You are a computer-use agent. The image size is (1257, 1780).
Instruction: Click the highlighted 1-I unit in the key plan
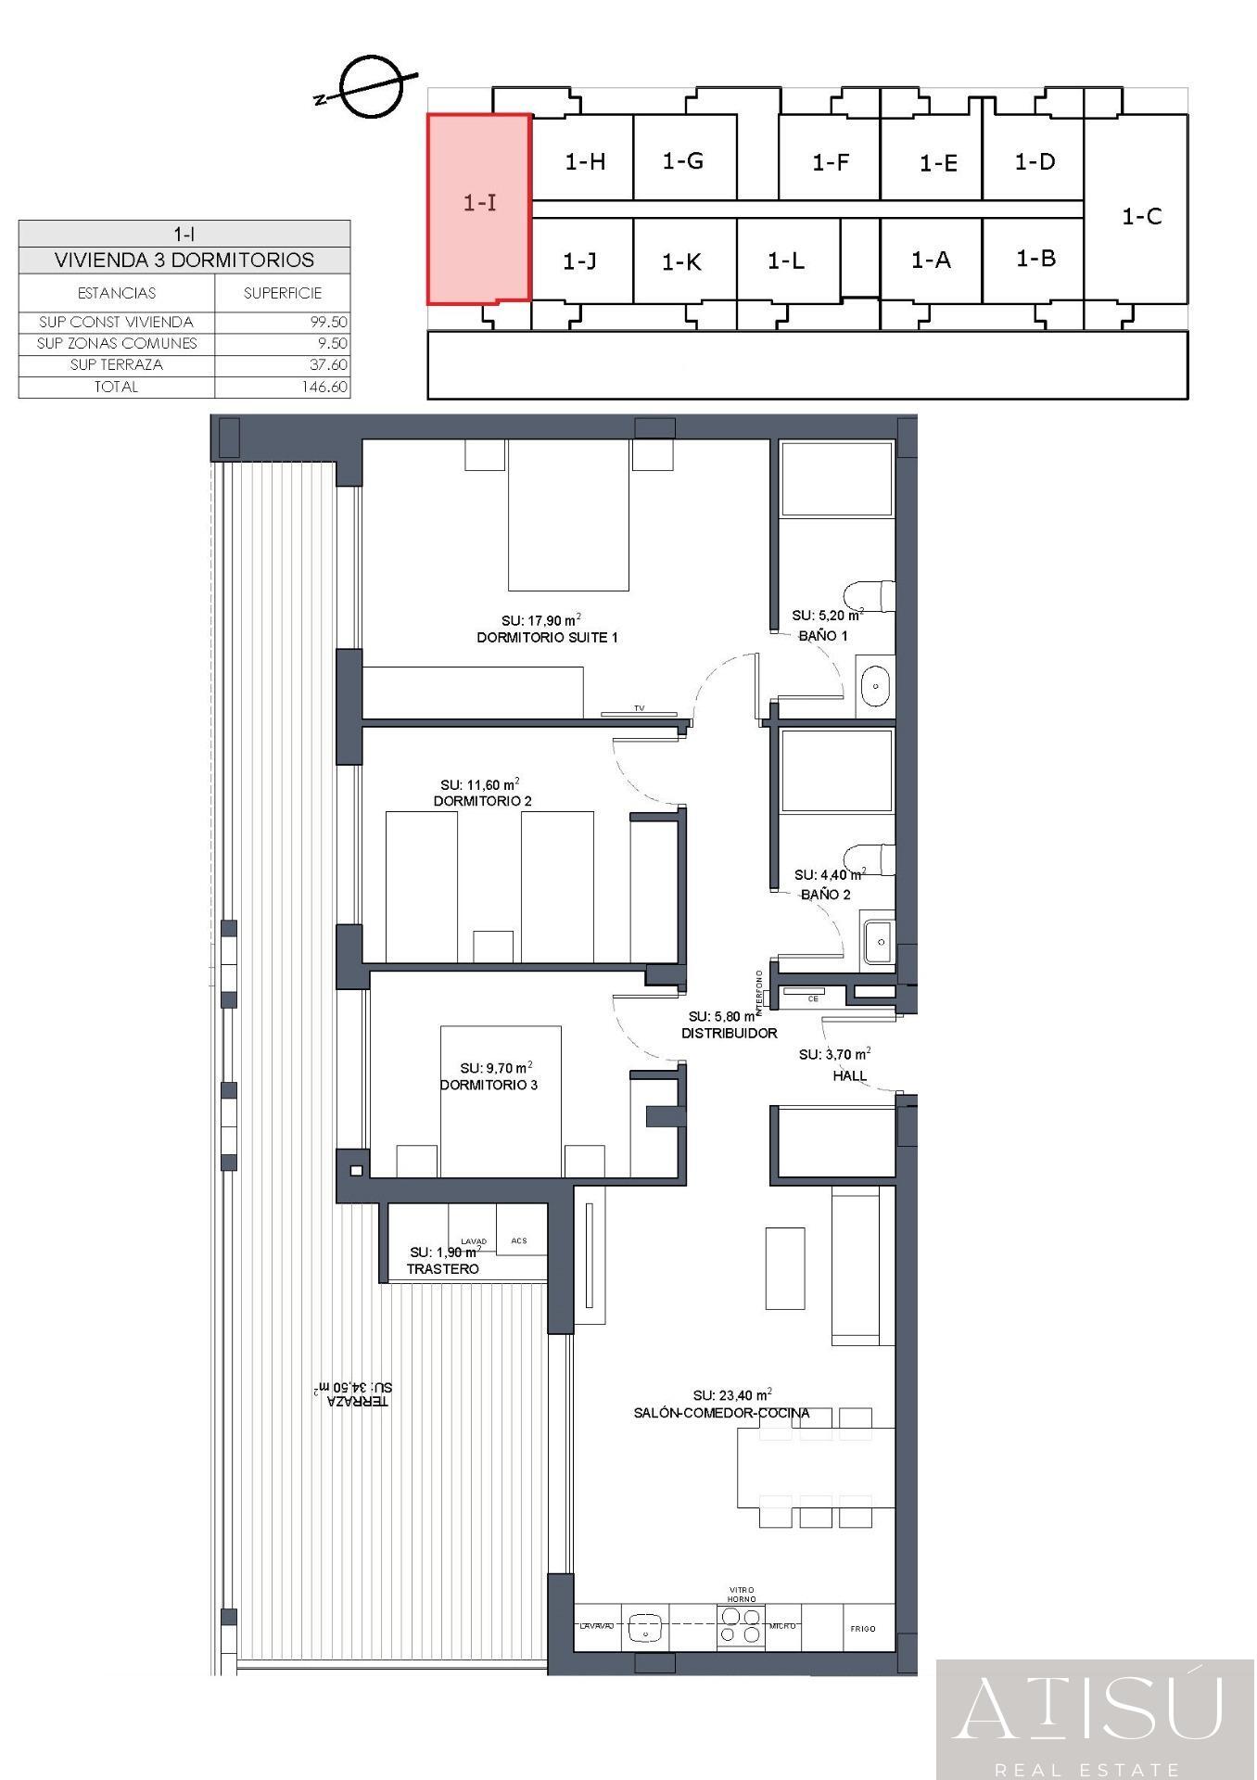478,208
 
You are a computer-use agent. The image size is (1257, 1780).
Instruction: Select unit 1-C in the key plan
1141,216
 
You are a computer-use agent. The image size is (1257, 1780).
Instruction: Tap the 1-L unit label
786,261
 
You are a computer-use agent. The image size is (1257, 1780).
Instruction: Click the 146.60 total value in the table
324,388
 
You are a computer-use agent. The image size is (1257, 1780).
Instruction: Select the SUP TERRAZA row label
116,365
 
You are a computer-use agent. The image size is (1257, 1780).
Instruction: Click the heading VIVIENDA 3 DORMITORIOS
184,261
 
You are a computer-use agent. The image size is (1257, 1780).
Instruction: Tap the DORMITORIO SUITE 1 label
547,638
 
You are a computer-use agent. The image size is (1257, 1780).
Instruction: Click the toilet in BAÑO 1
871,595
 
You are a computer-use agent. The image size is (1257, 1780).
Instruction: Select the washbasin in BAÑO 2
877,944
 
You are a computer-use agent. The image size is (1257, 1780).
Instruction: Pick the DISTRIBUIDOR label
730,1033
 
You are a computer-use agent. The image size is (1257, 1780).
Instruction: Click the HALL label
849,1076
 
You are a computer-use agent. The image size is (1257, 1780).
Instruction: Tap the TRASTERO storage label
443,1269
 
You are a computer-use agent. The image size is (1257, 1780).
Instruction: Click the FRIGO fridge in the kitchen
862,1629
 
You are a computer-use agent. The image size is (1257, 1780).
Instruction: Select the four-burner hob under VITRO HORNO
741,1626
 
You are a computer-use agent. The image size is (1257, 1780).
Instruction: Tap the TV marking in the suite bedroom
639,709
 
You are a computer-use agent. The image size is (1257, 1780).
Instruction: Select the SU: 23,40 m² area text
732,1395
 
